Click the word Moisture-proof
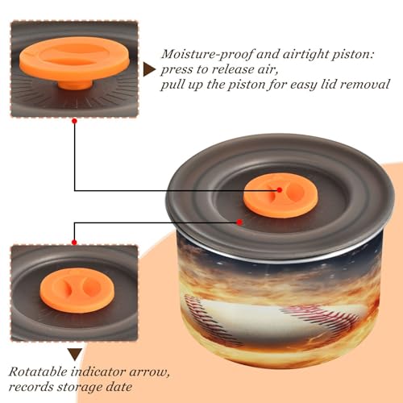tap(207, 55)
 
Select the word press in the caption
tap(177, 70)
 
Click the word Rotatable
tap(38, 372)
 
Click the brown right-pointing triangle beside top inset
tap(148, 69)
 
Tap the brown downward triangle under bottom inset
tap(75, 355)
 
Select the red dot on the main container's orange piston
tap(280, 190)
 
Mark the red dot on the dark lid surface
tap(239, 222)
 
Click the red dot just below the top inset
tap(75, 122)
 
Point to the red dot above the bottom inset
tap(74, 243)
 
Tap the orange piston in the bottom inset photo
tap(77, 290)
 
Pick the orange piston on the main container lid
tap(281, 195)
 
